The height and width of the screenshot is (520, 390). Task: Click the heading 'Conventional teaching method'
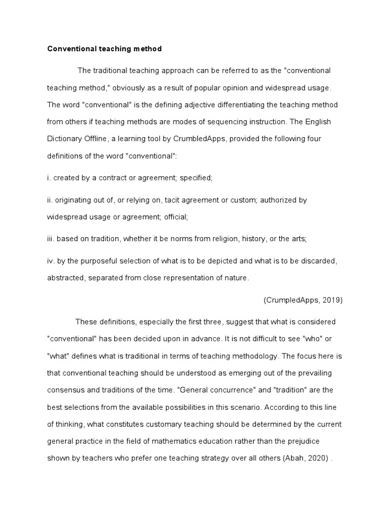[104, 49]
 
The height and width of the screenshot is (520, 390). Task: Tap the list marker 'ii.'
[50, 200]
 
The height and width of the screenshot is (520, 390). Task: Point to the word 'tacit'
[173, 200]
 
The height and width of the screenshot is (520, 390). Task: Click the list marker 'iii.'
[51, 238]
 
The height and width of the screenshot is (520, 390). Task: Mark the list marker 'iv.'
[51, 261]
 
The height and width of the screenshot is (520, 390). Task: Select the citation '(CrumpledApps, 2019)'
[303, 300]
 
